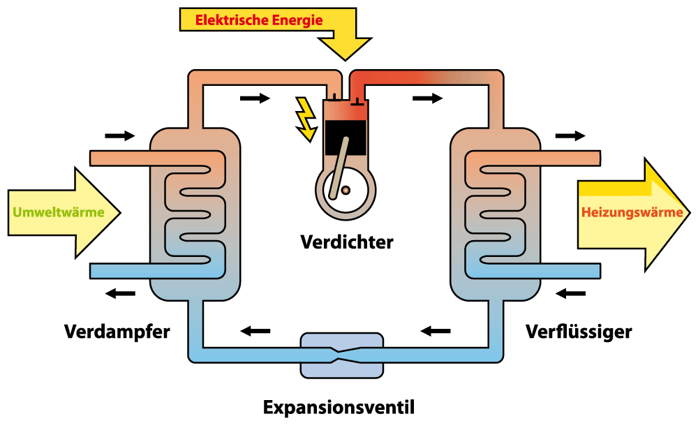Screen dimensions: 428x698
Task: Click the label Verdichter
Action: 347,242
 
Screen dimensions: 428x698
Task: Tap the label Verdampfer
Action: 117,331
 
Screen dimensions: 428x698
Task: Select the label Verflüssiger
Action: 579,331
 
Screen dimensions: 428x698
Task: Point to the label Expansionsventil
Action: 339,406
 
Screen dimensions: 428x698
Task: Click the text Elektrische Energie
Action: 259,20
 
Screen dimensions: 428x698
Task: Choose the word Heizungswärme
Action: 632,212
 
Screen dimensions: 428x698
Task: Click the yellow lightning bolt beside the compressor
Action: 305,119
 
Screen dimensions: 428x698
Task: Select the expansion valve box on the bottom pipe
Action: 341,354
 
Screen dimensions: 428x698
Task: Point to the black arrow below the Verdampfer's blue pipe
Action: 120,293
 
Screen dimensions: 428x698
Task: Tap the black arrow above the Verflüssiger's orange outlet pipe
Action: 570,135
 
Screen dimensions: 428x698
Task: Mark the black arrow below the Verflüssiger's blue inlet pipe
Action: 570,293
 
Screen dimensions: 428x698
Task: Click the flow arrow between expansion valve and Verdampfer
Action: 255,330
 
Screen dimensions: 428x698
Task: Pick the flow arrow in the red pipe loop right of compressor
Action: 427,98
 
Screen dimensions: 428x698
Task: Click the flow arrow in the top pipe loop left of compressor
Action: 254,98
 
